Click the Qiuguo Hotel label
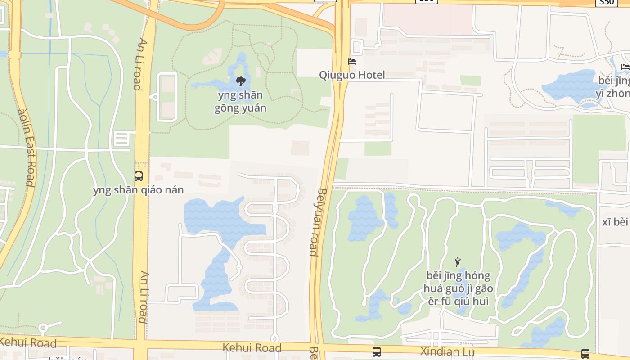(x=352, y=75)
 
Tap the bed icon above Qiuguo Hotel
(x=352, y=62)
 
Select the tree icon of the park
(x=241, y=81)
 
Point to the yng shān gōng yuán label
(x=240, y=102)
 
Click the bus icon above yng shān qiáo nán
(x=139, y=176)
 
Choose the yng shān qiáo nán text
(x=139, y=190)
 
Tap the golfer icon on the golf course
(x=458, y=262)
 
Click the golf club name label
(x=458, y=288)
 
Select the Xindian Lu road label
(x=447, y=351)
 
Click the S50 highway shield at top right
(x=606, y=3)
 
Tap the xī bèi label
(x=615, y=222)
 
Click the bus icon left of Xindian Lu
(x=377, y=352)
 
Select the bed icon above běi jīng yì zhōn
(x=625, y=67)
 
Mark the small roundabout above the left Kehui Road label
(x=43, y=328)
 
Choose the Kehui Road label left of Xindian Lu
(x=252, y=348)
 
